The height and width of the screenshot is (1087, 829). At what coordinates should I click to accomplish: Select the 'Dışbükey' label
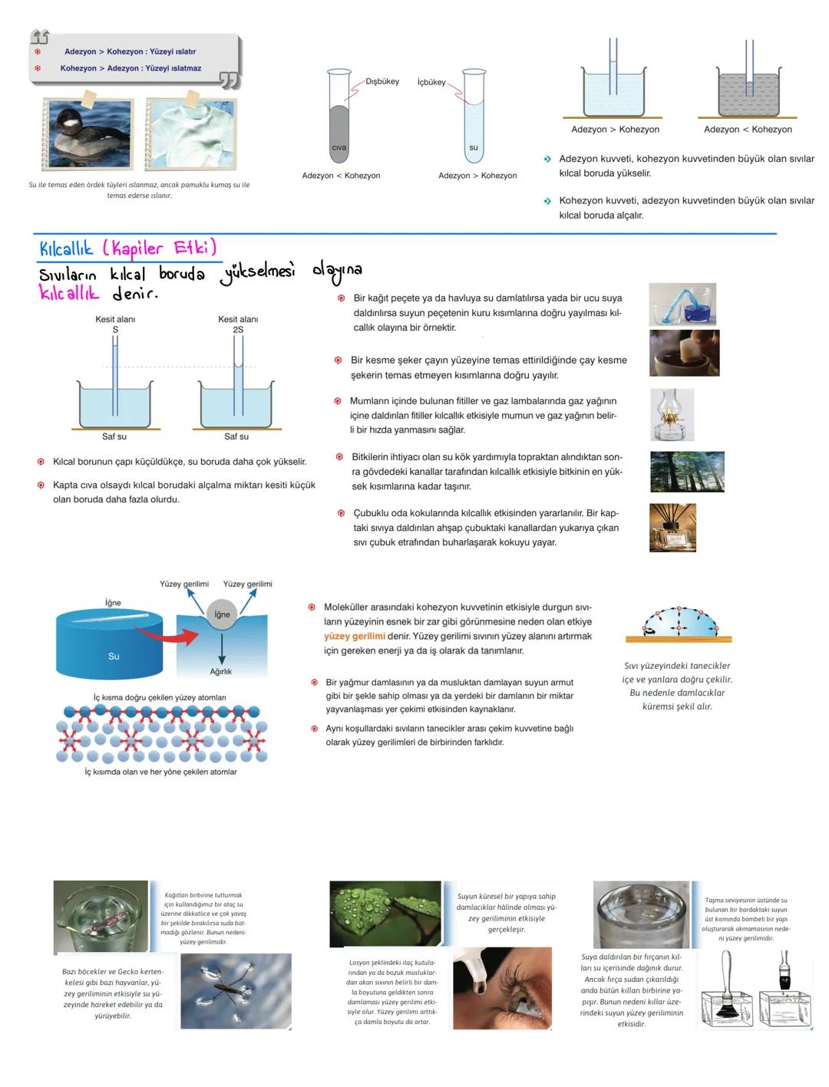point(381,81)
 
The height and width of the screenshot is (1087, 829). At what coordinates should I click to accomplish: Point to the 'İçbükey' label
point(431,82)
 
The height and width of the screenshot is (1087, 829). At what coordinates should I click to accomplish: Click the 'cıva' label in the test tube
point(339,147)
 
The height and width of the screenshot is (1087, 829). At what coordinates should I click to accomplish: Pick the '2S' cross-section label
point(238,330)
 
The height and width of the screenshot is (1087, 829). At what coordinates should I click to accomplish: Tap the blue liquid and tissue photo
point(682,304)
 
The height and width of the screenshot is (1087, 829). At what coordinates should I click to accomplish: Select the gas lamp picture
point(672,415)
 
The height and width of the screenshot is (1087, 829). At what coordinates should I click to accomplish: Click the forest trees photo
point(686,471)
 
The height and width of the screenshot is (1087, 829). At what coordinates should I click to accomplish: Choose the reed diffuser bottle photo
point(672,527)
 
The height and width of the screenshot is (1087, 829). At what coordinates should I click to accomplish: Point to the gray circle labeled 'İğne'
point(222,614)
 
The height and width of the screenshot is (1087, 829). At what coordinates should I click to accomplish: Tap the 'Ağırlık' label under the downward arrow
point(221,672)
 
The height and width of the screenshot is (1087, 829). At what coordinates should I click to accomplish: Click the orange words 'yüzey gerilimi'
point(354,636)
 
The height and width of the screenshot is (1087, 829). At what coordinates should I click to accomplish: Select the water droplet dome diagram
point(679,623)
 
